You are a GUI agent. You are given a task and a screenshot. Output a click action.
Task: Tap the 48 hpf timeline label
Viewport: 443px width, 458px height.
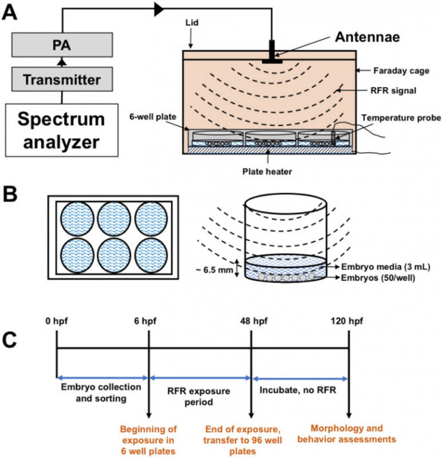pos(251,321)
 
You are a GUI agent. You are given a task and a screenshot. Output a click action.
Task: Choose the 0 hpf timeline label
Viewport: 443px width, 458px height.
pos(56,321)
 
